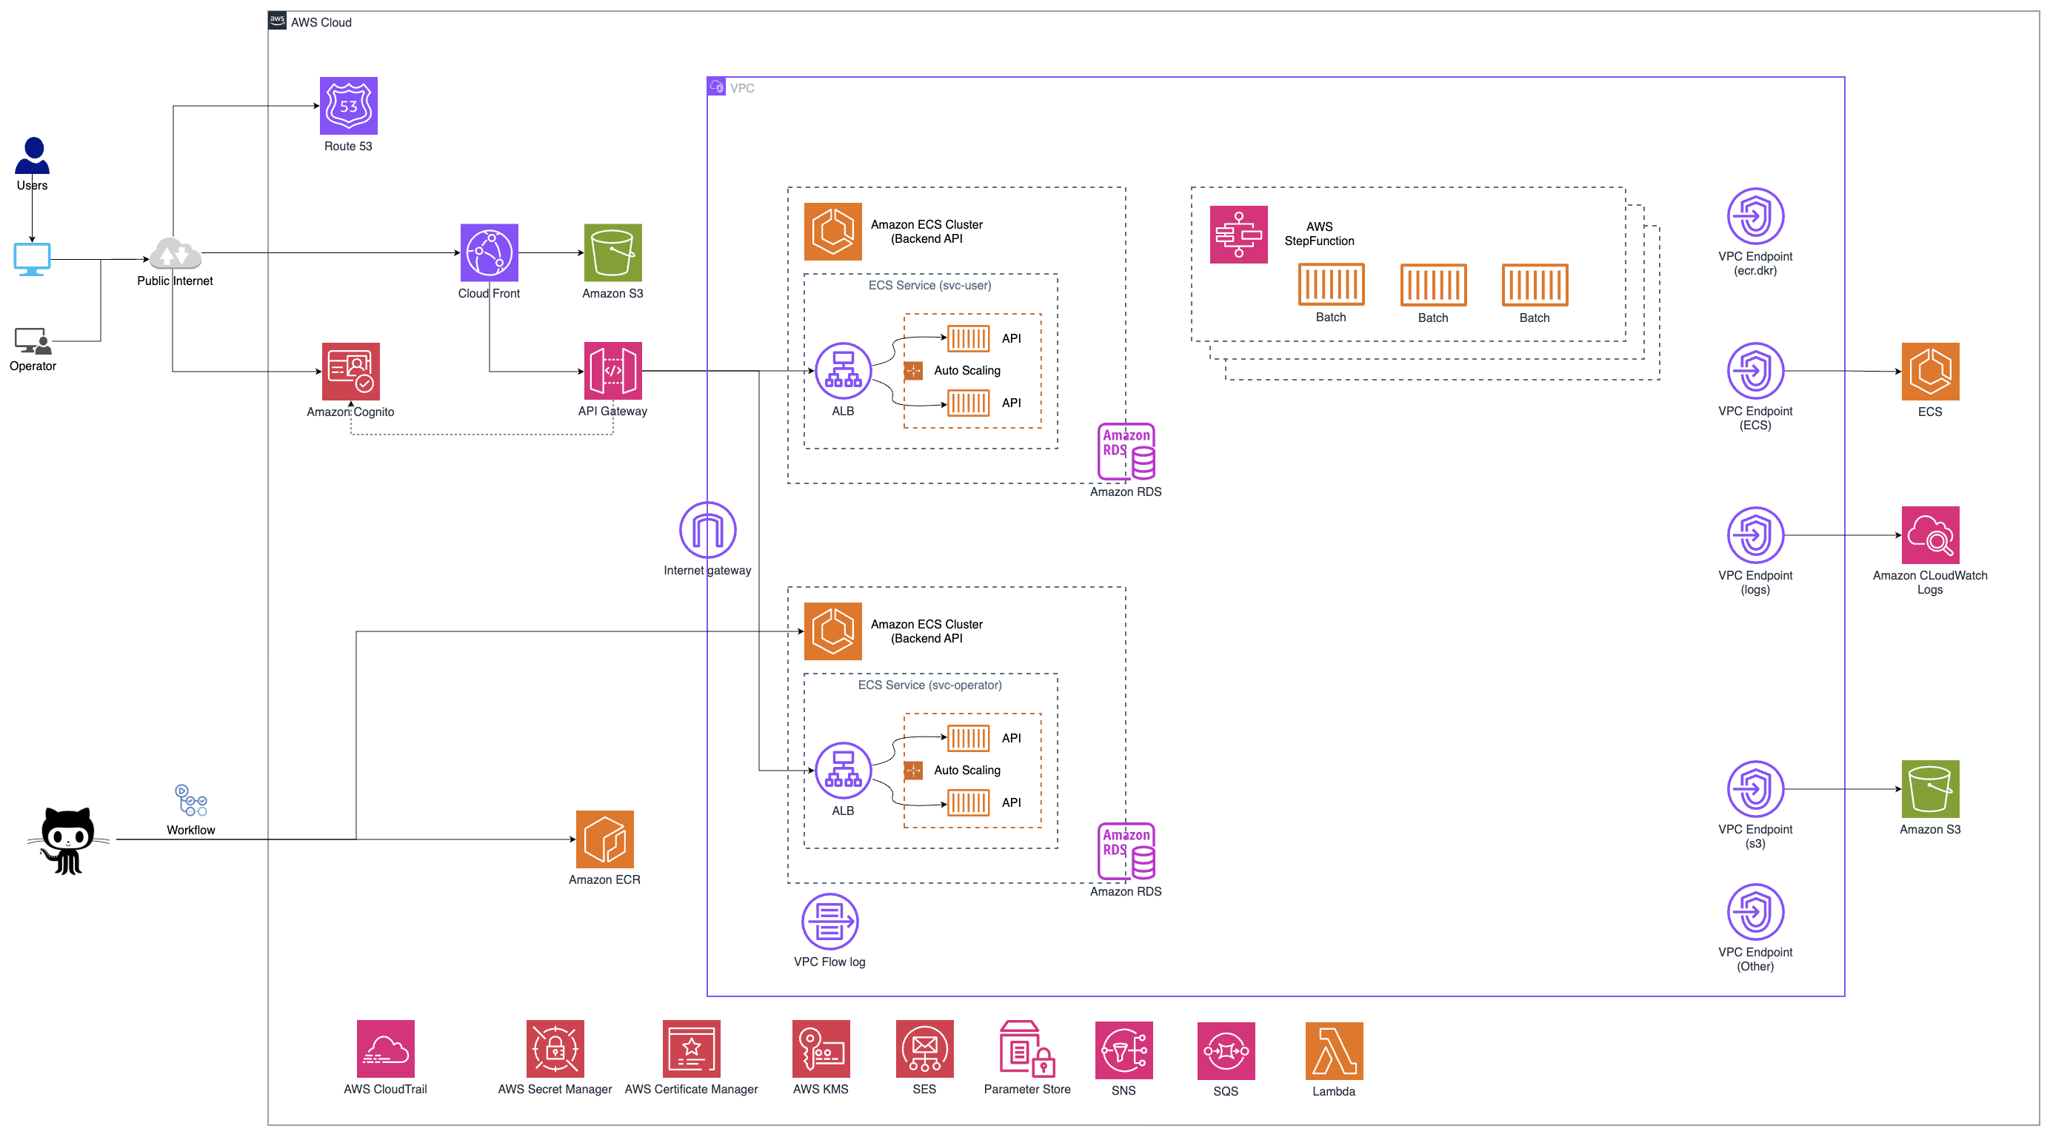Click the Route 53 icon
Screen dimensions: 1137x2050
(x=349, y=106)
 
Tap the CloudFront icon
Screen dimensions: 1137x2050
(x=489, y=252)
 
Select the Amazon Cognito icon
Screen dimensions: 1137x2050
(x=350, y=371)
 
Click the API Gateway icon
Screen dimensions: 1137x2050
(x=612, y=371)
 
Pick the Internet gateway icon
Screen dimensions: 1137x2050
(x=707, y=530)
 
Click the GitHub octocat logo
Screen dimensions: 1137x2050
(x=67, y=840)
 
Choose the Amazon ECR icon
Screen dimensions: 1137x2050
(x=604, y=839)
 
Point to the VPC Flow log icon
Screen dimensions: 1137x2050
(x=829, y=922)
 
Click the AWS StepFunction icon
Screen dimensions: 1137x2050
(x=1238, y=235)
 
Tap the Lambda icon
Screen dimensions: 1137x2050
(x=1333, y=1050)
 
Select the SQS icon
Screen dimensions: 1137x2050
(x=1225, y=1050)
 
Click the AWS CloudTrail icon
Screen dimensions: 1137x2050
(x=385, y=1049)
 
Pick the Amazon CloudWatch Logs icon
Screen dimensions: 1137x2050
(x=1929, y=534)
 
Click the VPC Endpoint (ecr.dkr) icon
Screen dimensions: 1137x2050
(x=1754, y=215)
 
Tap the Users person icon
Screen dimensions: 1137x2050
(x=33, y=155)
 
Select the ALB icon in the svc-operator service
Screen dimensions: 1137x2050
(x=843, y=770)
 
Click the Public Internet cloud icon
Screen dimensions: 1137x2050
(x=175, y=254)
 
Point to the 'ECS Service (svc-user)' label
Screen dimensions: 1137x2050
(x=929, y=285)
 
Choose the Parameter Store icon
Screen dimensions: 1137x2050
(x=1026, y=1049)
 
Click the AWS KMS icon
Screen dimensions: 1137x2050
(x=821, y=1049)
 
